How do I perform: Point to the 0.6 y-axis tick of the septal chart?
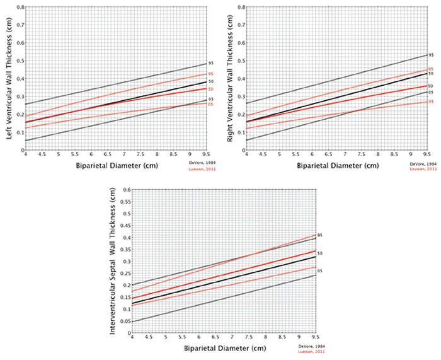pos(125,189)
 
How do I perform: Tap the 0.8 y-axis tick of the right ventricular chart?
pos(241,8)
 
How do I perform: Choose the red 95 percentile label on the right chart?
pos(431,69)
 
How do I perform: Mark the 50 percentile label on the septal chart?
pos(321,253)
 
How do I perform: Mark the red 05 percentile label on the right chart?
pos(431,102)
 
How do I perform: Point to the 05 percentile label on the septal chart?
pos(321,270)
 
